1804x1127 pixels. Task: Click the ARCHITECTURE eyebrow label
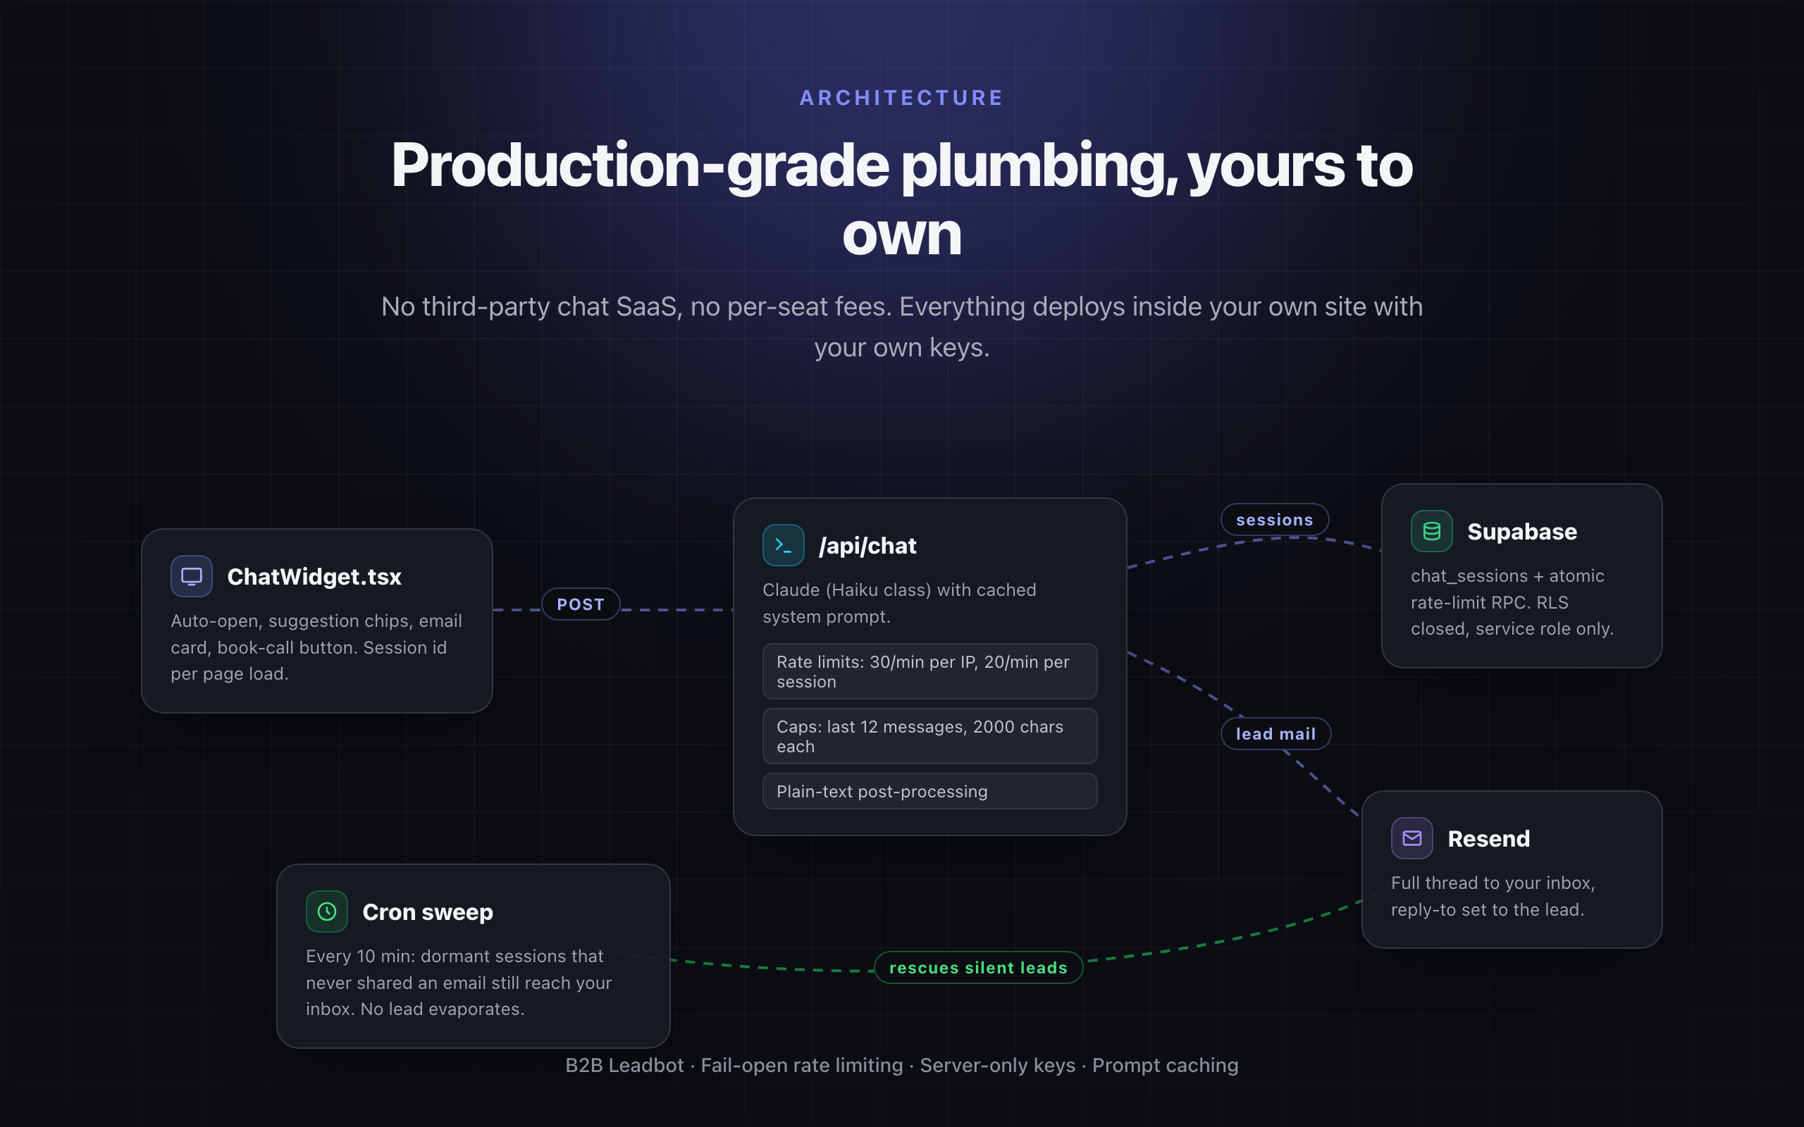pos(901,98)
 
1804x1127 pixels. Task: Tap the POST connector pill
pos(581,604)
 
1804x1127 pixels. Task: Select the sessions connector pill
pos(1275,520)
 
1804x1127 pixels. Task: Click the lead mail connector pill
pos(1275,733)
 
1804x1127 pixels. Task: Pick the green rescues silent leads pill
pos(978,968)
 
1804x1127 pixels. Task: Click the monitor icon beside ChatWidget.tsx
pos(192,576)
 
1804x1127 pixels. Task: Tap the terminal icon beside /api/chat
pos(784,546)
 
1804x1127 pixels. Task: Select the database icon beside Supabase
pos(1431,530)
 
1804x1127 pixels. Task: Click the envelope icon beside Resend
pos(1412,838)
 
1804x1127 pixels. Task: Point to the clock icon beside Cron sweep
pos(326,911)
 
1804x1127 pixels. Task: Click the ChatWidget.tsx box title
pos(314,577)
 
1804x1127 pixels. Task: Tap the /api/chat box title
pos(867,547)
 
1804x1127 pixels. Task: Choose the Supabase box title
pos(1522,531)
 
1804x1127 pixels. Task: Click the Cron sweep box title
pos(428,912)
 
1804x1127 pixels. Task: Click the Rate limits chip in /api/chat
pos(929,671)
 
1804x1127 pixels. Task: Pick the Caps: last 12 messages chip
pos(929,735)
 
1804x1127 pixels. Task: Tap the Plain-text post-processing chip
pos(929,791)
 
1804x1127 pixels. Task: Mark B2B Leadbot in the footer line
pos(624,1065)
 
